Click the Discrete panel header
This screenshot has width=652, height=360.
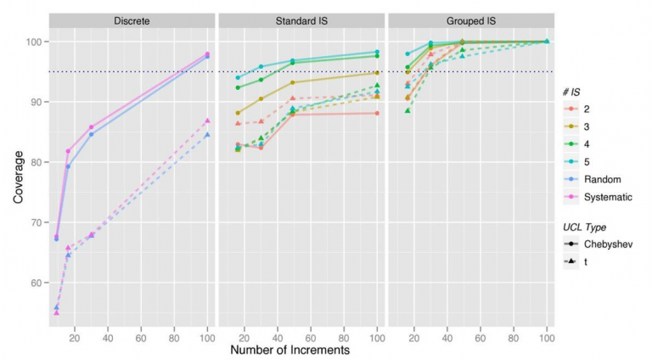coord(131,20)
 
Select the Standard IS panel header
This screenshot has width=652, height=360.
coord(301,20)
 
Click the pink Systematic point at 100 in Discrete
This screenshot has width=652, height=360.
coord(207,54)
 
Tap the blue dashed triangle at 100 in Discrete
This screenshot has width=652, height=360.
coord(207,135)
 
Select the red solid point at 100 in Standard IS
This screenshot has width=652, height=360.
coord(377,113)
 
